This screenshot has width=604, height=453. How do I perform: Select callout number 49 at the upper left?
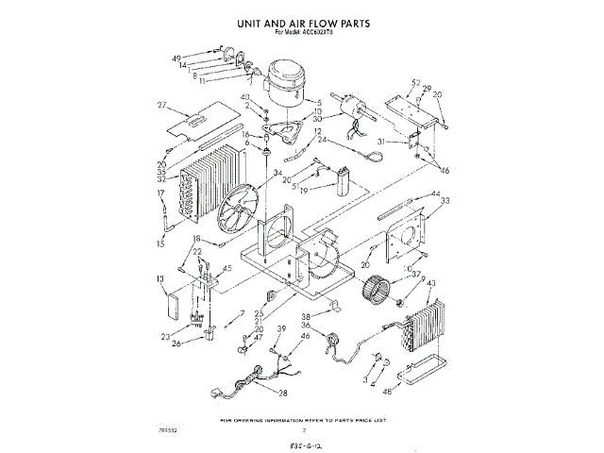pyautogui.click(x=176, y=59)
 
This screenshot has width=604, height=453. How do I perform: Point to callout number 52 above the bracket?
pyautogui.click(x=415, y=83)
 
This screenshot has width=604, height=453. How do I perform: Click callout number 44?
pyautogui.click(x=435, y=194)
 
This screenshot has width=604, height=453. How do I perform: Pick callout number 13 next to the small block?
pyautogui.click(x=161, y=279)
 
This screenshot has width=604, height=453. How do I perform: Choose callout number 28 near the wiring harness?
pyautogui.click(x=282, y=393)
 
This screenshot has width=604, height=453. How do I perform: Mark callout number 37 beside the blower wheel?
pyautogui.click(x=415, y=275)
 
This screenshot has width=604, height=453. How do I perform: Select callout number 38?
pyautogui.click(x=307, y=316)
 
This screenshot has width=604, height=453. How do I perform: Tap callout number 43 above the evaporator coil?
pyautogui.click(x=431, y=284)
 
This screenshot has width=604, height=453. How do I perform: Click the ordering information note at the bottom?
pyautogui.click(x=303, y=419)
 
